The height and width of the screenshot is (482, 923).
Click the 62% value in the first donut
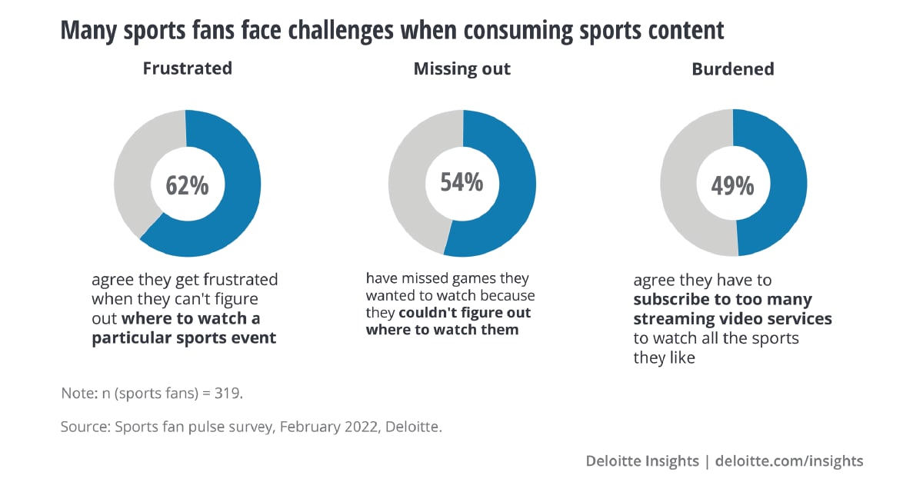pos(187,185)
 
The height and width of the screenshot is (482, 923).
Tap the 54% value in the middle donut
pos(461,182)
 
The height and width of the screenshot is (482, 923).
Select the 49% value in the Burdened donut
pos(733,185)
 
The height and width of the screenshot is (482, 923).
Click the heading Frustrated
pos(187,68)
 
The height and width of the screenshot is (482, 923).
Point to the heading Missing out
pos(461,68)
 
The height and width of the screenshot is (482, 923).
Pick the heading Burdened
pos(732,68)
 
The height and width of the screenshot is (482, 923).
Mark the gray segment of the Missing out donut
pos(408,184)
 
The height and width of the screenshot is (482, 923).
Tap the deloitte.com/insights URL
pos(789,461)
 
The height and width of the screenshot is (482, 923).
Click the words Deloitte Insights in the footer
pos(642,461)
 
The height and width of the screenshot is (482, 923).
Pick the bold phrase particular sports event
pos(184,338)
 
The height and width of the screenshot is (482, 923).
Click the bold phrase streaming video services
pos(732,318)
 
